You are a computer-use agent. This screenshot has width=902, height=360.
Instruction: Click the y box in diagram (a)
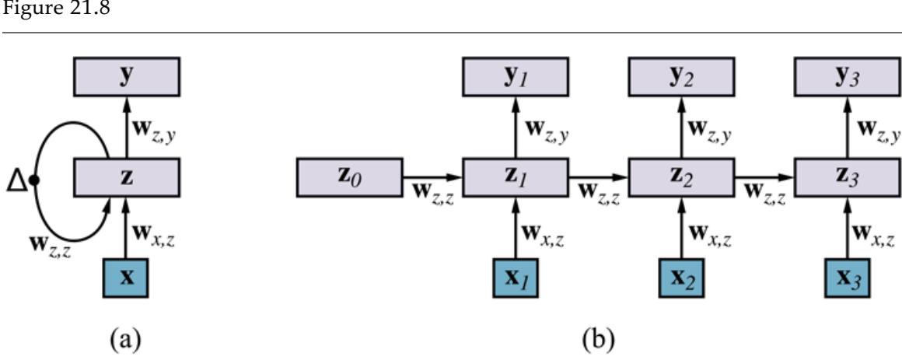point(128,78)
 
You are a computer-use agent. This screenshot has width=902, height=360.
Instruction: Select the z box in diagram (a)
point(128,178)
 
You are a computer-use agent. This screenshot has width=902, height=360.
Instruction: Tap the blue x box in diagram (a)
point(128,278)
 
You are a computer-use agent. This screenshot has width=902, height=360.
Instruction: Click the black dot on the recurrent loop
point(33,181)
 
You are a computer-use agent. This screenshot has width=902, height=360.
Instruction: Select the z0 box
point(349,178)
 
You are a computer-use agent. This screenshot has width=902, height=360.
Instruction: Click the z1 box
point(515,178)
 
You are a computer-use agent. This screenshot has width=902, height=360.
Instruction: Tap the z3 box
point(847,178)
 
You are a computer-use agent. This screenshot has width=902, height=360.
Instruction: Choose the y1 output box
point(515,78)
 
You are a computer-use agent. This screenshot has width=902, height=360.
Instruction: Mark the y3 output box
point(847,78)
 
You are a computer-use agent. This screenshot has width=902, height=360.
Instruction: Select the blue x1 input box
point(515,278)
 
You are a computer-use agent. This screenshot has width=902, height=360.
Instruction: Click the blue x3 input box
point(847,278)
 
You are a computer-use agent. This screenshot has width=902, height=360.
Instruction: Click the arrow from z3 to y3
point(847,128)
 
